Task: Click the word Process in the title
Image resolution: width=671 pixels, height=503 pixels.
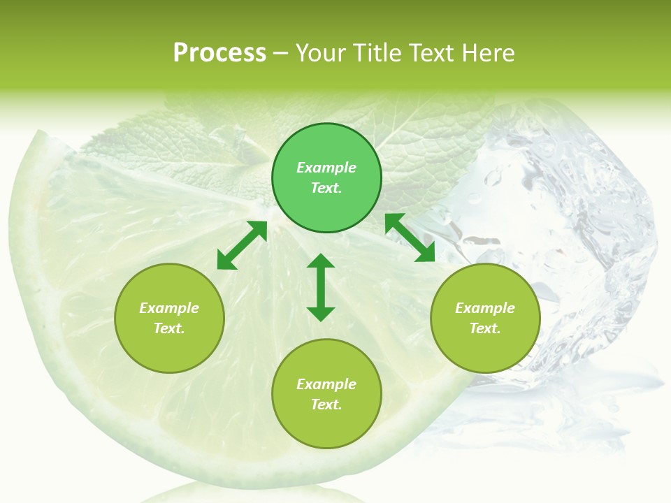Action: click(x=219, y=53)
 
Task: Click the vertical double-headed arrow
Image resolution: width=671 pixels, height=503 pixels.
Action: click(x=321, y=287)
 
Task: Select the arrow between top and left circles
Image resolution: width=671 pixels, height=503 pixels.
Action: click(x=242, y=245)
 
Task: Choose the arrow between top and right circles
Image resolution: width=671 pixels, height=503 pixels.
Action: click(x=410, y=238)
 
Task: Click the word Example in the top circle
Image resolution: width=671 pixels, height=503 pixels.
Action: click(x=326, y=168)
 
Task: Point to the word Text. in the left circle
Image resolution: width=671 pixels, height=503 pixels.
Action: click(x=169, y=328)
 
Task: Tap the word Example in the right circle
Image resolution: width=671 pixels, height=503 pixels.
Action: click(x=485, y=308)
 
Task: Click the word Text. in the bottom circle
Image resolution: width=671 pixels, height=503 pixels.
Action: click(x=326, y=404)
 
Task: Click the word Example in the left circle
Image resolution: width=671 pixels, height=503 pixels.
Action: click(x=169, y=308)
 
